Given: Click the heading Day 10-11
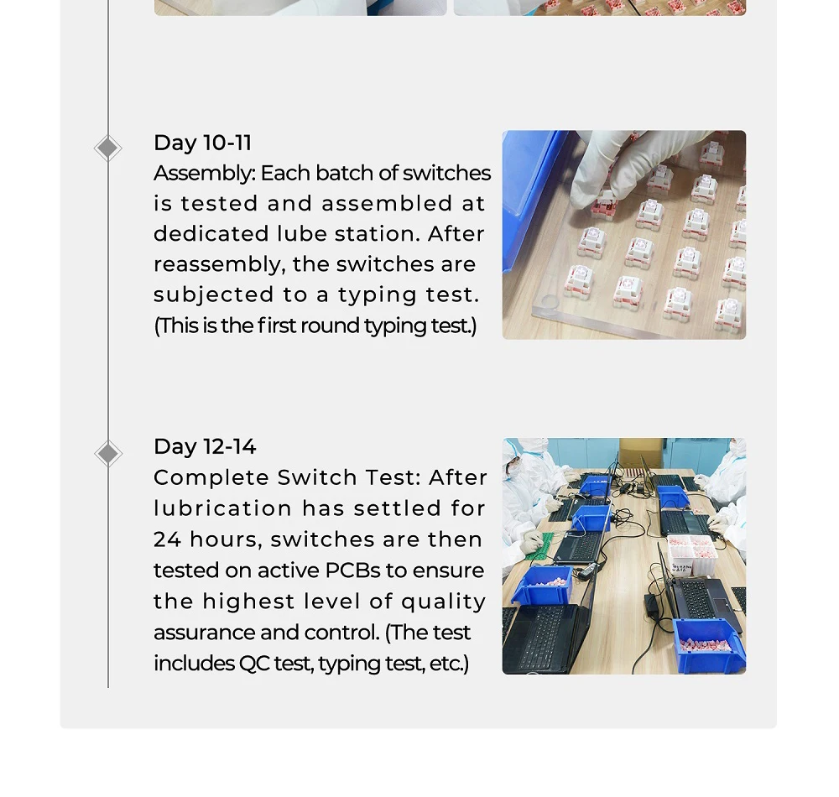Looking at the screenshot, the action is tap(202, 143).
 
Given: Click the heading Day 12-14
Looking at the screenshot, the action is tap(205, 446).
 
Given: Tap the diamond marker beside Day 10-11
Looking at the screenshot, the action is tap(107, 148).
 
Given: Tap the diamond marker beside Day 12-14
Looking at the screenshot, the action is tap(108, 454).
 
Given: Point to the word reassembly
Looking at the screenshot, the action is tap(219, 265).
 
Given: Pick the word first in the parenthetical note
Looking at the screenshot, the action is tap(276, 326).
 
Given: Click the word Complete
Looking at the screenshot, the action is tap(211, 478).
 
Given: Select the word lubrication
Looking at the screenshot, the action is tap(222, 508).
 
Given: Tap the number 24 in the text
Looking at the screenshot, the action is tap(168, 539).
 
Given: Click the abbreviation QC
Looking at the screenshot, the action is tap(254, 664).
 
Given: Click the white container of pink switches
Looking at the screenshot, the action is tap(693, 555).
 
